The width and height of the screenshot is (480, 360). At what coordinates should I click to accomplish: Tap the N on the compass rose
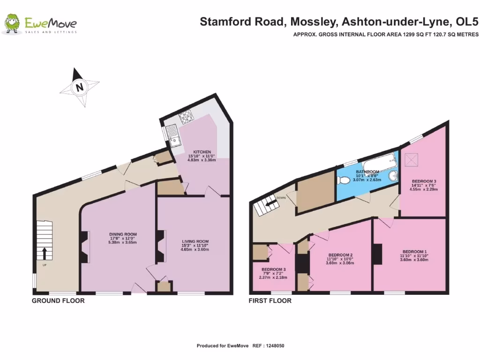point(80,87)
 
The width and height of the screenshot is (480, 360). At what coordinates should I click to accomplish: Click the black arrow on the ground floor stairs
point(45,253)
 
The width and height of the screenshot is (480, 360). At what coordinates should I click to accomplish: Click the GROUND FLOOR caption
point(58,300)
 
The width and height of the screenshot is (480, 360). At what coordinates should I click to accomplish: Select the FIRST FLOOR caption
point(270,300)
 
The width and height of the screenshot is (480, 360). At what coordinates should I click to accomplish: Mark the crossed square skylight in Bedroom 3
point(413,161)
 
